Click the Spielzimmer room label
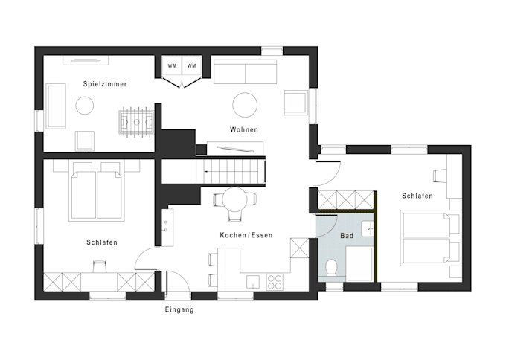[105, 84]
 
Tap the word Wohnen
[244, 129]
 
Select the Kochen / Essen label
[246, 235]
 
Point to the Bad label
[347, 236]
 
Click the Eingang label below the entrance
[179, 309]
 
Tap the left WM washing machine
[172, 66]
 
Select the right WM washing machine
[192, 66]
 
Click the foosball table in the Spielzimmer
[136, 122]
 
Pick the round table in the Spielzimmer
[85, 105]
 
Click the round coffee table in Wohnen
[245, 105]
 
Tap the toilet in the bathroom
[331, 268]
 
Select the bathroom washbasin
[368, 228]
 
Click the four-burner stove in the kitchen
[275, 282]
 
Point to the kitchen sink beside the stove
[253, 282]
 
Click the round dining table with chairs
[235, 199]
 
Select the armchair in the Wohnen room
[295, 102]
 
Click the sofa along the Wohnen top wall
[246, 71]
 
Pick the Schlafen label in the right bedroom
[417, 196]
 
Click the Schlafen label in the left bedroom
[102, 242]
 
